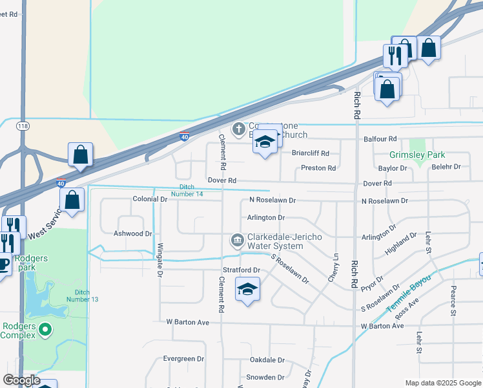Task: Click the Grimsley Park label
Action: coord(416,155)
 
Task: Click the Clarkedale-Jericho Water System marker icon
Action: coord(237,241)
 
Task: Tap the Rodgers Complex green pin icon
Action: coord(45,330)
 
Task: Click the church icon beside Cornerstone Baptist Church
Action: coord(238,129)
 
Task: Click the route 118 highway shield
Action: coord(23,126)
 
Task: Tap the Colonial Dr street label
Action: coord(150,199)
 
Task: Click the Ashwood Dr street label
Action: coord(132,233)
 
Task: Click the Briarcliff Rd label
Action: coord(311,153)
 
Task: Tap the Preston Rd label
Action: coord(318,168)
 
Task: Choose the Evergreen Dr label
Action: coord(183,358)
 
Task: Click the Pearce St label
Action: coord(453,301)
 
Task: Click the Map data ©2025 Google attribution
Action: coord(443,383)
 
